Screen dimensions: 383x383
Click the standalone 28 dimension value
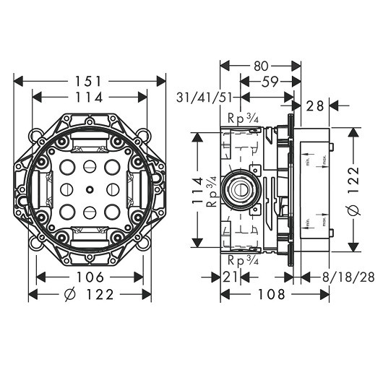pyautogui.click(x=315, y=106)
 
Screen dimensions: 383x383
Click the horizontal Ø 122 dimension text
pyautogui.click(x=89, y=295)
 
